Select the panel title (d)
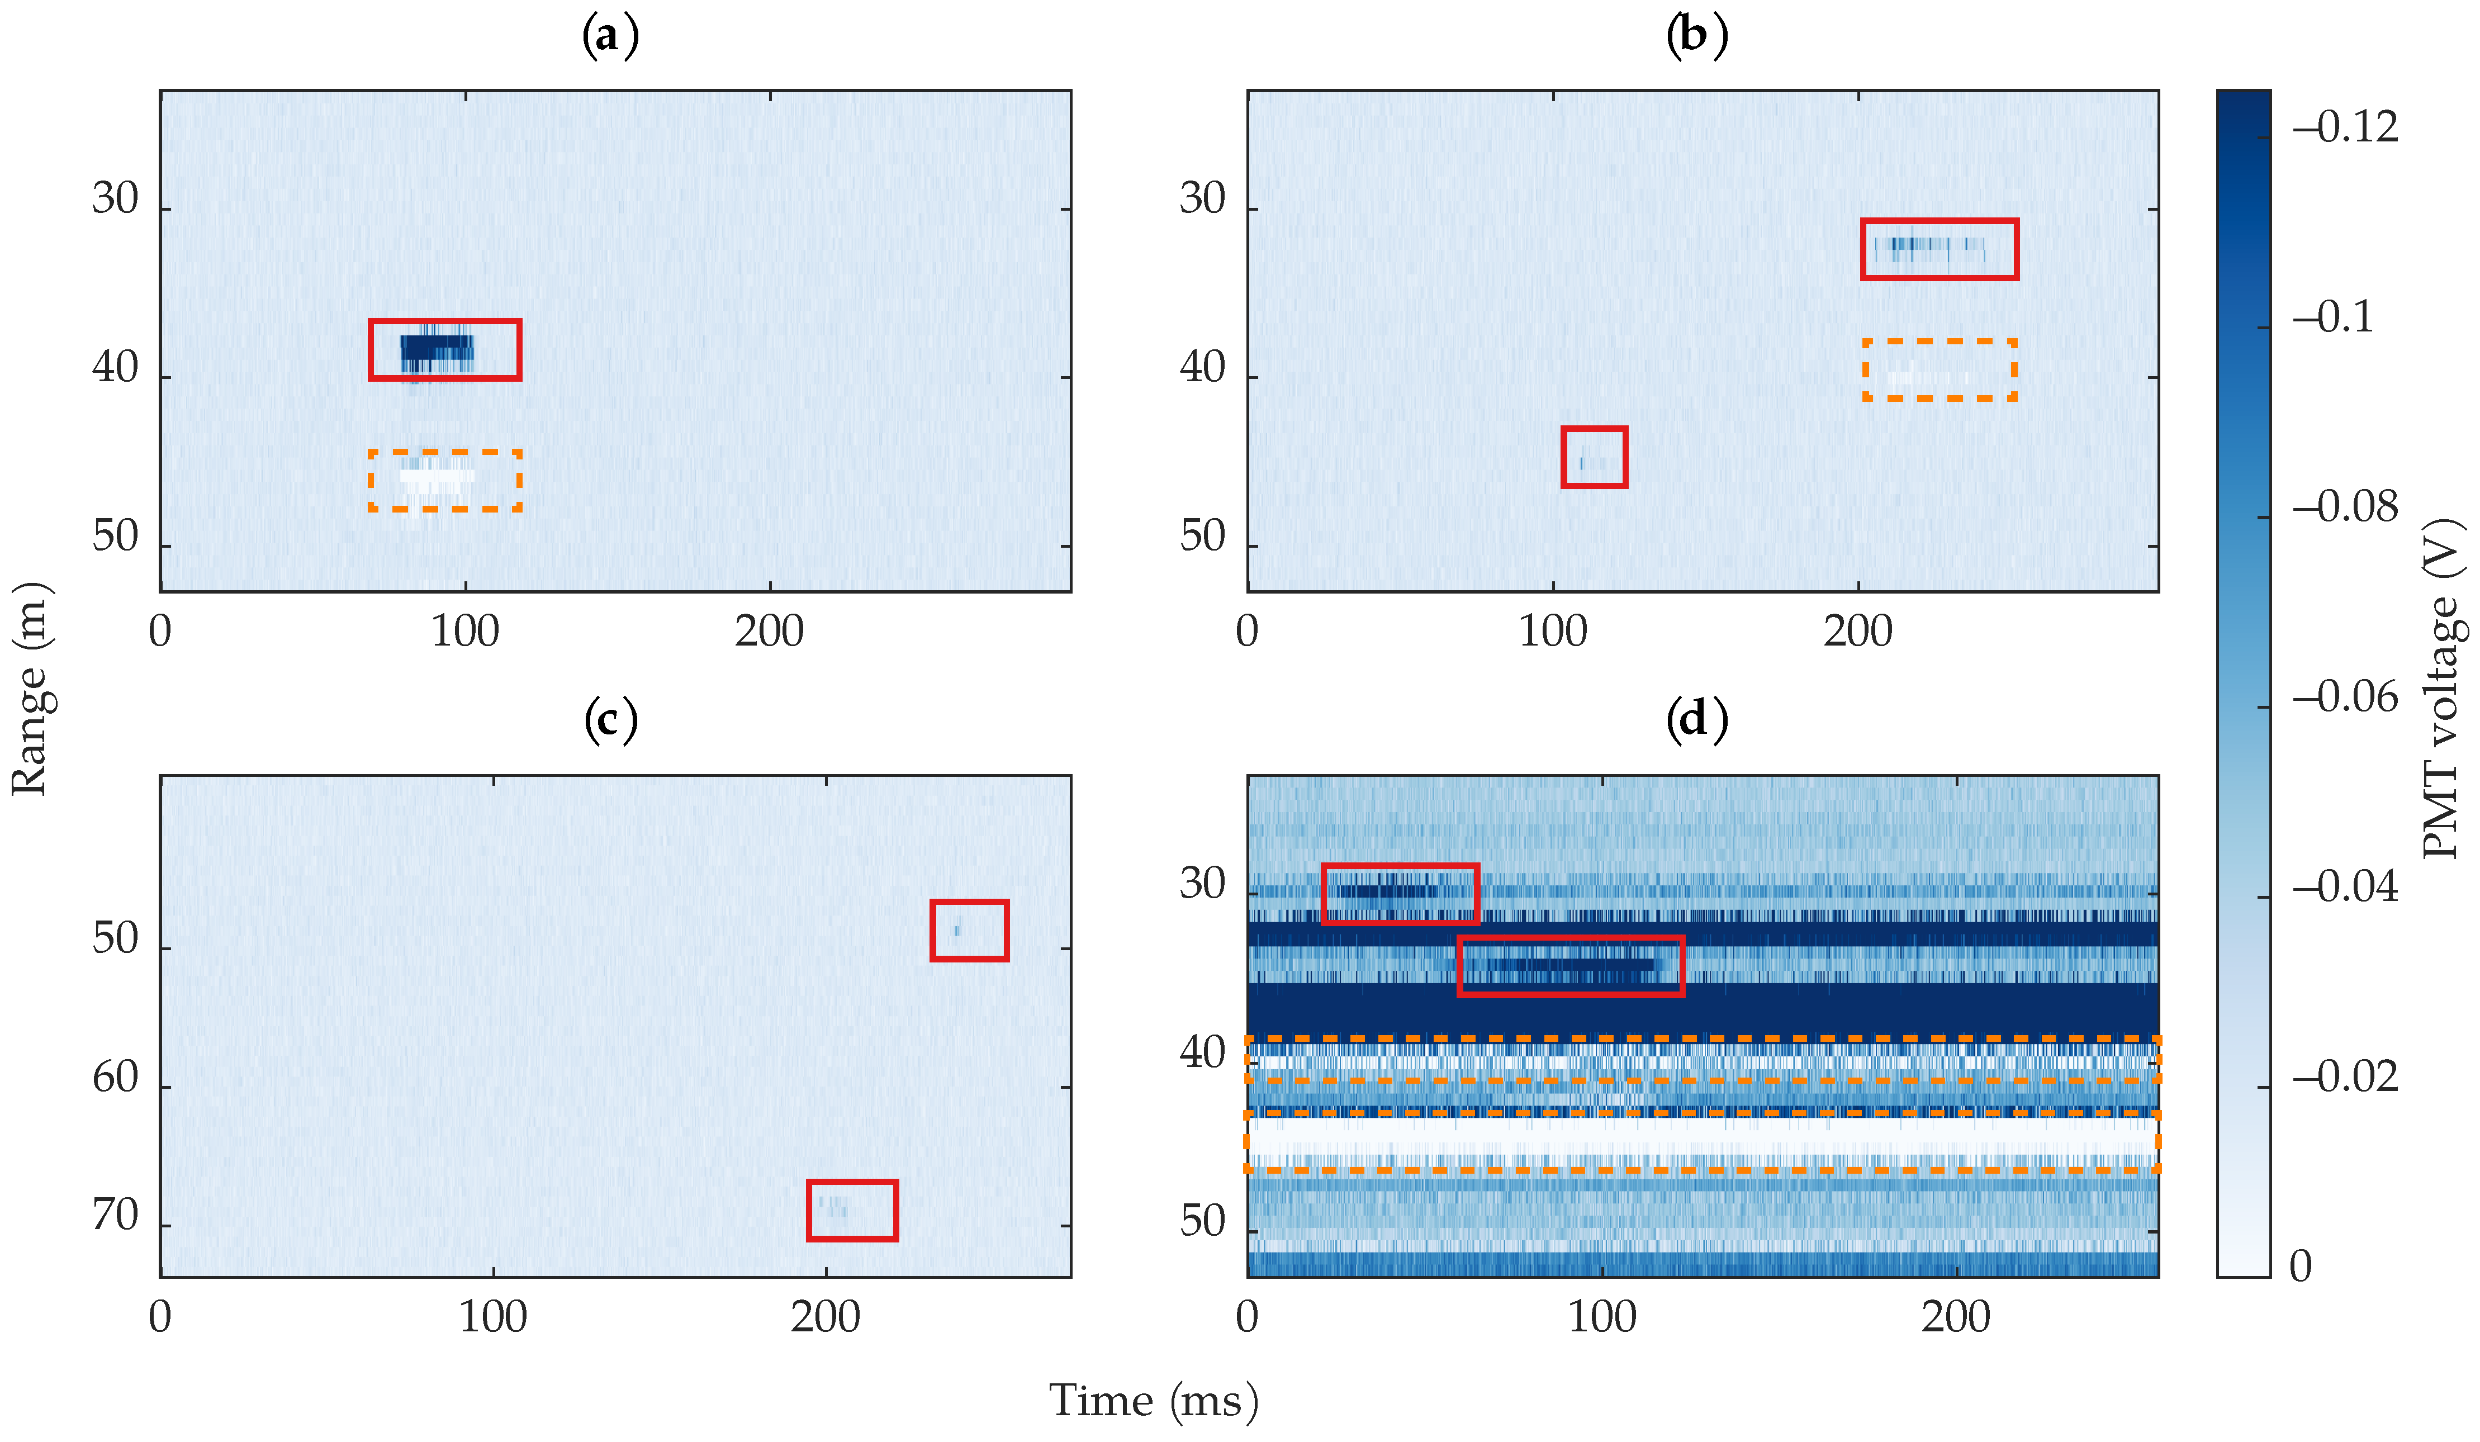[1696, 719]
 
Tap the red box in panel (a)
[445, 349]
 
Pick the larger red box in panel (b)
[1939, 249]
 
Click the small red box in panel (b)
[1594, 457]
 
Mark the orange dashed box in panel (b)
[1939, 370]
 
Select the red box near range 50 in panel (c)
[969, 930]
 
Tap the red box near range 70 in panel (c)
[852, 1209]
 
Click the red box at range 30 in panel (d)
[1400, 894]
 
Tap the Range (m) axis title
[30, 689]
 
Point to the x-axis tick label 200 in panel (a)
[770, 631]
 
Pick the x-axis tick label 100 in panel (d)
[1602, 1317]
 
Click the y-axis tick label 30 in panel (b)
[1203, 200]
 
